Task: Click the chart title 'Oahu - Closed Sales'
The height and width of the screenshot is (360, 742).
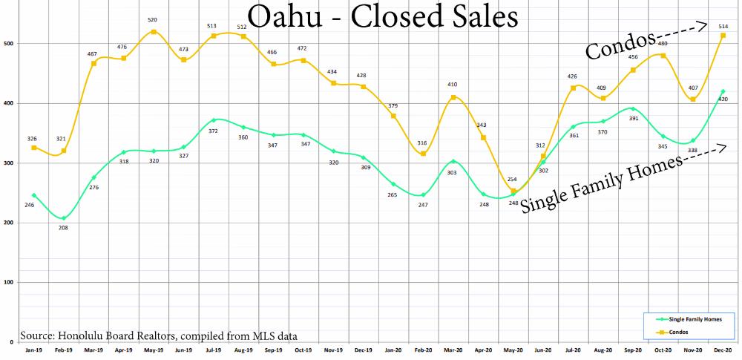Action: click(383, 19)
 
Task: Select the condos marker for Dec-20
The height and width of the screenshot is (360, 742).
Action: click(723, 36)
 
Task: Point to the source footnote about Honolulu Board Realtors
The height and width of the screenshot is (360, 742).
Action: click(160, 336)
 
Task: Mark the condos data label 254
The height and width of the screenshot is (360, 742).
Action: click(511, 180)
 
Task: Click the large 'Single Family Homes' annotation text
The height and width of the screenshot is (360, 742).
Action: click(601, 183)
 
